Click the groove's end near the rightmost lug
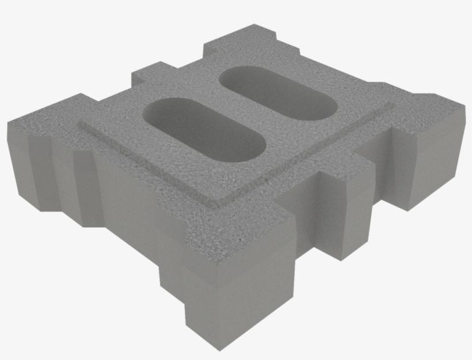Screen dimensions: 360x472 click(391, 106)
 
